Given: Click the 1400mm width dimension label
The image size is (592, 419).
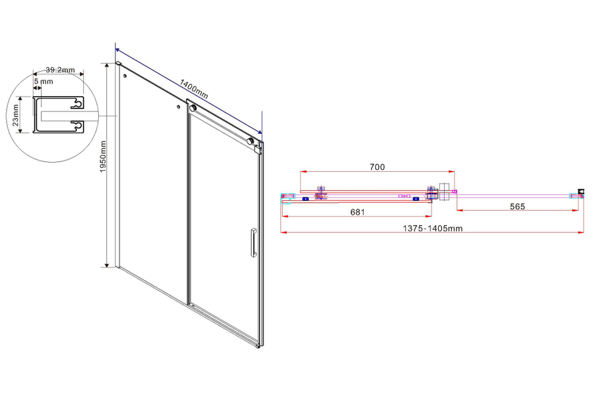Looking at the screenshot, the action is (x=194, y=89).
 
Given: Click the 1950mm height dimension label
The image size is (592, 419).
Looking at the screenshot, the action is (x=103, y=157).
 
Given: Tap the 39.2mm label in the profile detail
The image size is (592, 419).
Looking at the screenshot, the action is (x=60, y=70).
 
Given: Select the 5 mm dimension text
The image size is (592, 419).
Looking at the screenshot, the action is (x=43, y=81).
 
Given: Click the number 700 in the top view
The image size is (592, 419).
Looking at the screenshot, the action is (x=377, y=167).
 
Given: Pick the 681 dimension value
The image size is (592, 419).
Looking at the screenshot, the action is (x=358, y=212).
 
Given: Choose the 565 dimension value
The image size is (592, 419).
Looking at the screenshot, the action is (x=517, y=206).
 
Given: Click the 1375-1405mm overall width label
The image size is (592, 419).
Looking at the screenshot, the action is (x=433, y=228).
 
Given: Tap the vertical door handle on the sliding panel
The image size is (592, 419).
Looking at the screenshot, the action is (x=253, y=242).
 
